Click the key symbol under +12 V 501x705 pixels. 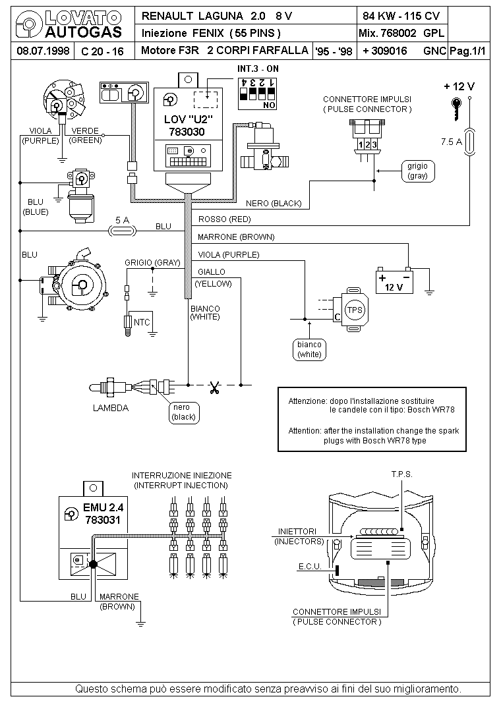[456, 109]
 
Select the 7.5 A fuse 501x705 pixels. [469, 142]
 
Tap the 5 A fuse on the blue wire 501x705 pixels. [123, 231]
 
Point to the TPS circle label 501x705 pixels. [355, 310]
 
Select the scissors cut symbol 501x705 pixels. [214, 387]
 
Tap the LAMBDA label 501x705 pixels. [111, 408]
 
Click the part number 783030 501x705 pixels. [187, 132]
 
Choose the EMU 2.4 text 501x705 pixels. [103, 507]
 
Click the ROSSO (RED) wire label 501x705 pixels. [224, 219]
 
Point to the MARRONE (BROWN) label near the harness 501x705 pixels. [236, 237]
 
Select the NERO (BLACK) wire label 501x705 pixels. [274, 203]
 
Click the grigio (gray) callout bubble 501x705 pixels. [418, 171]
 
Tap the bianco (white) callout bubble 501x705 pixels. [309, 349]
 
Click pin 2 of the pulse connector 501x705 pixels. [367, 144]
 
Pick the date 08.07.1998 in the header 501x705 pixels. [43, 51]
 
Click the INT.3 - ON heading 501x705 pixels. [258, 69]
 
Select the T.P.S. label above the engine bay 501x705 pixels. [401, 474]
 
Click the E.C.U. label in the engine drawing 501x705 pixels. [310, 566]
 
